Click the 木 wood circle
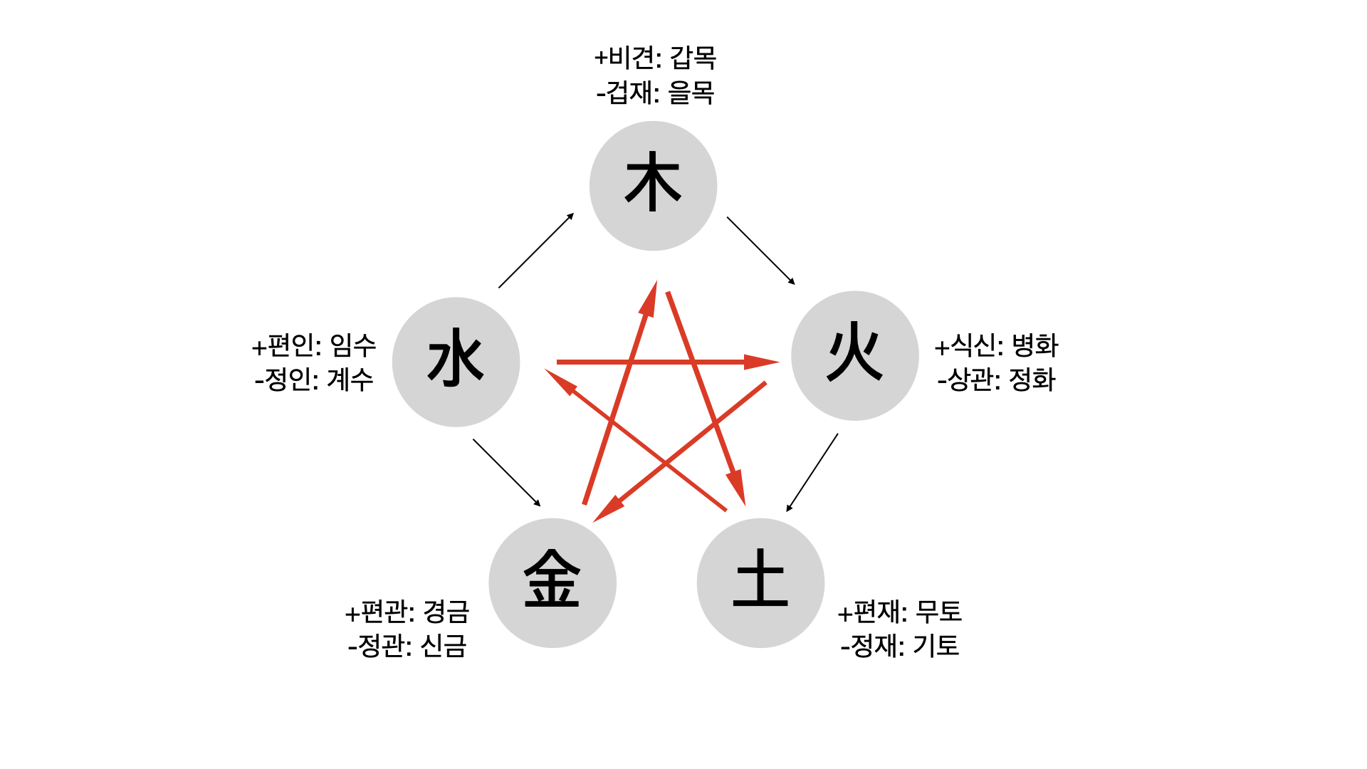coord(653,186)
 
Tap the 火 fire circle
coord(854,355)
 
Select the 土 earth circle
coord(760,582)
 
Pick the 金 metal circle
coord(552,582)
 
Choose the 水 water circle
coord(456,362)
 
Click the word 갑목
coord(693,58)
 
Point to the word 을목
coord(691,93)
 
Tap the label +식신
coord(965,346)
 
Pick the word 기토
coord(936,646)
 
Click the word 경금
coord(446,612)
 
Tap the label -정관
coord(379,646)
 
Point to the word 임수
coord(353,346)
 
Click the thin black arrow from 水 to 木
coord(536,250)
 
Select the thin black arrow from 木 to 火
coord(760,251)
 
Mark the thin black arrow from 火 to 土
coord(812,472)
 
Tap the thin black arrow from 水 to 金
coord(506,472)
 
